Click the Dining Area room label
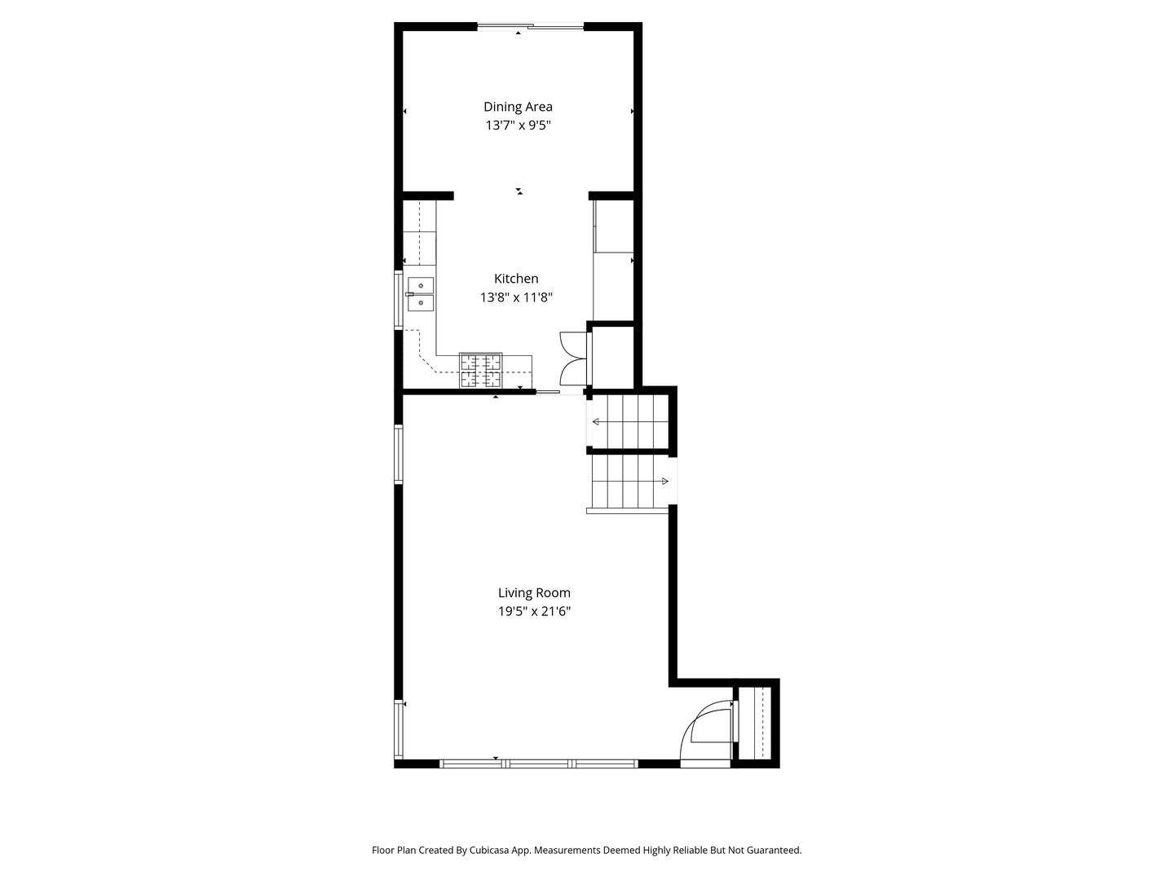pos(518,107)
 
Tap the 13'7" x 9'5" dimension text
pos(518,125)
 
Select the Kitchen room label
pos(516,279)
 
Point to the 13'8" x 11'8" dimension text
pos(516,297)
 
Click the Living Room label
pos(534,592)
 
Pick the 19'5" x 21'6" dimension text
pos(534,611)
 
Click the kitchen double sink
pos(421,294)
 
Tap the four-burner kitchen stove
pos(481,370)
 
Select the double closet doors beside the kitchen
pos(573,359)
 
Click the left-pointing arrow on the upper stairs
pos(630,422)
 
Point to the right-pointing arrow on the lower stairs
pos(630,482)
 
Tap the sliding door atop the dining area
pos(530,25)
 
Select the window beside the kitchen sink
pos(399,299)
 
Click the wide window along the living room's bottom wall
pos(539,764)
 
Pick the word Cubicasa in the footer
pos(489,850)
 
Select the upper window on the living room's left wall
pos(399,454)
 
